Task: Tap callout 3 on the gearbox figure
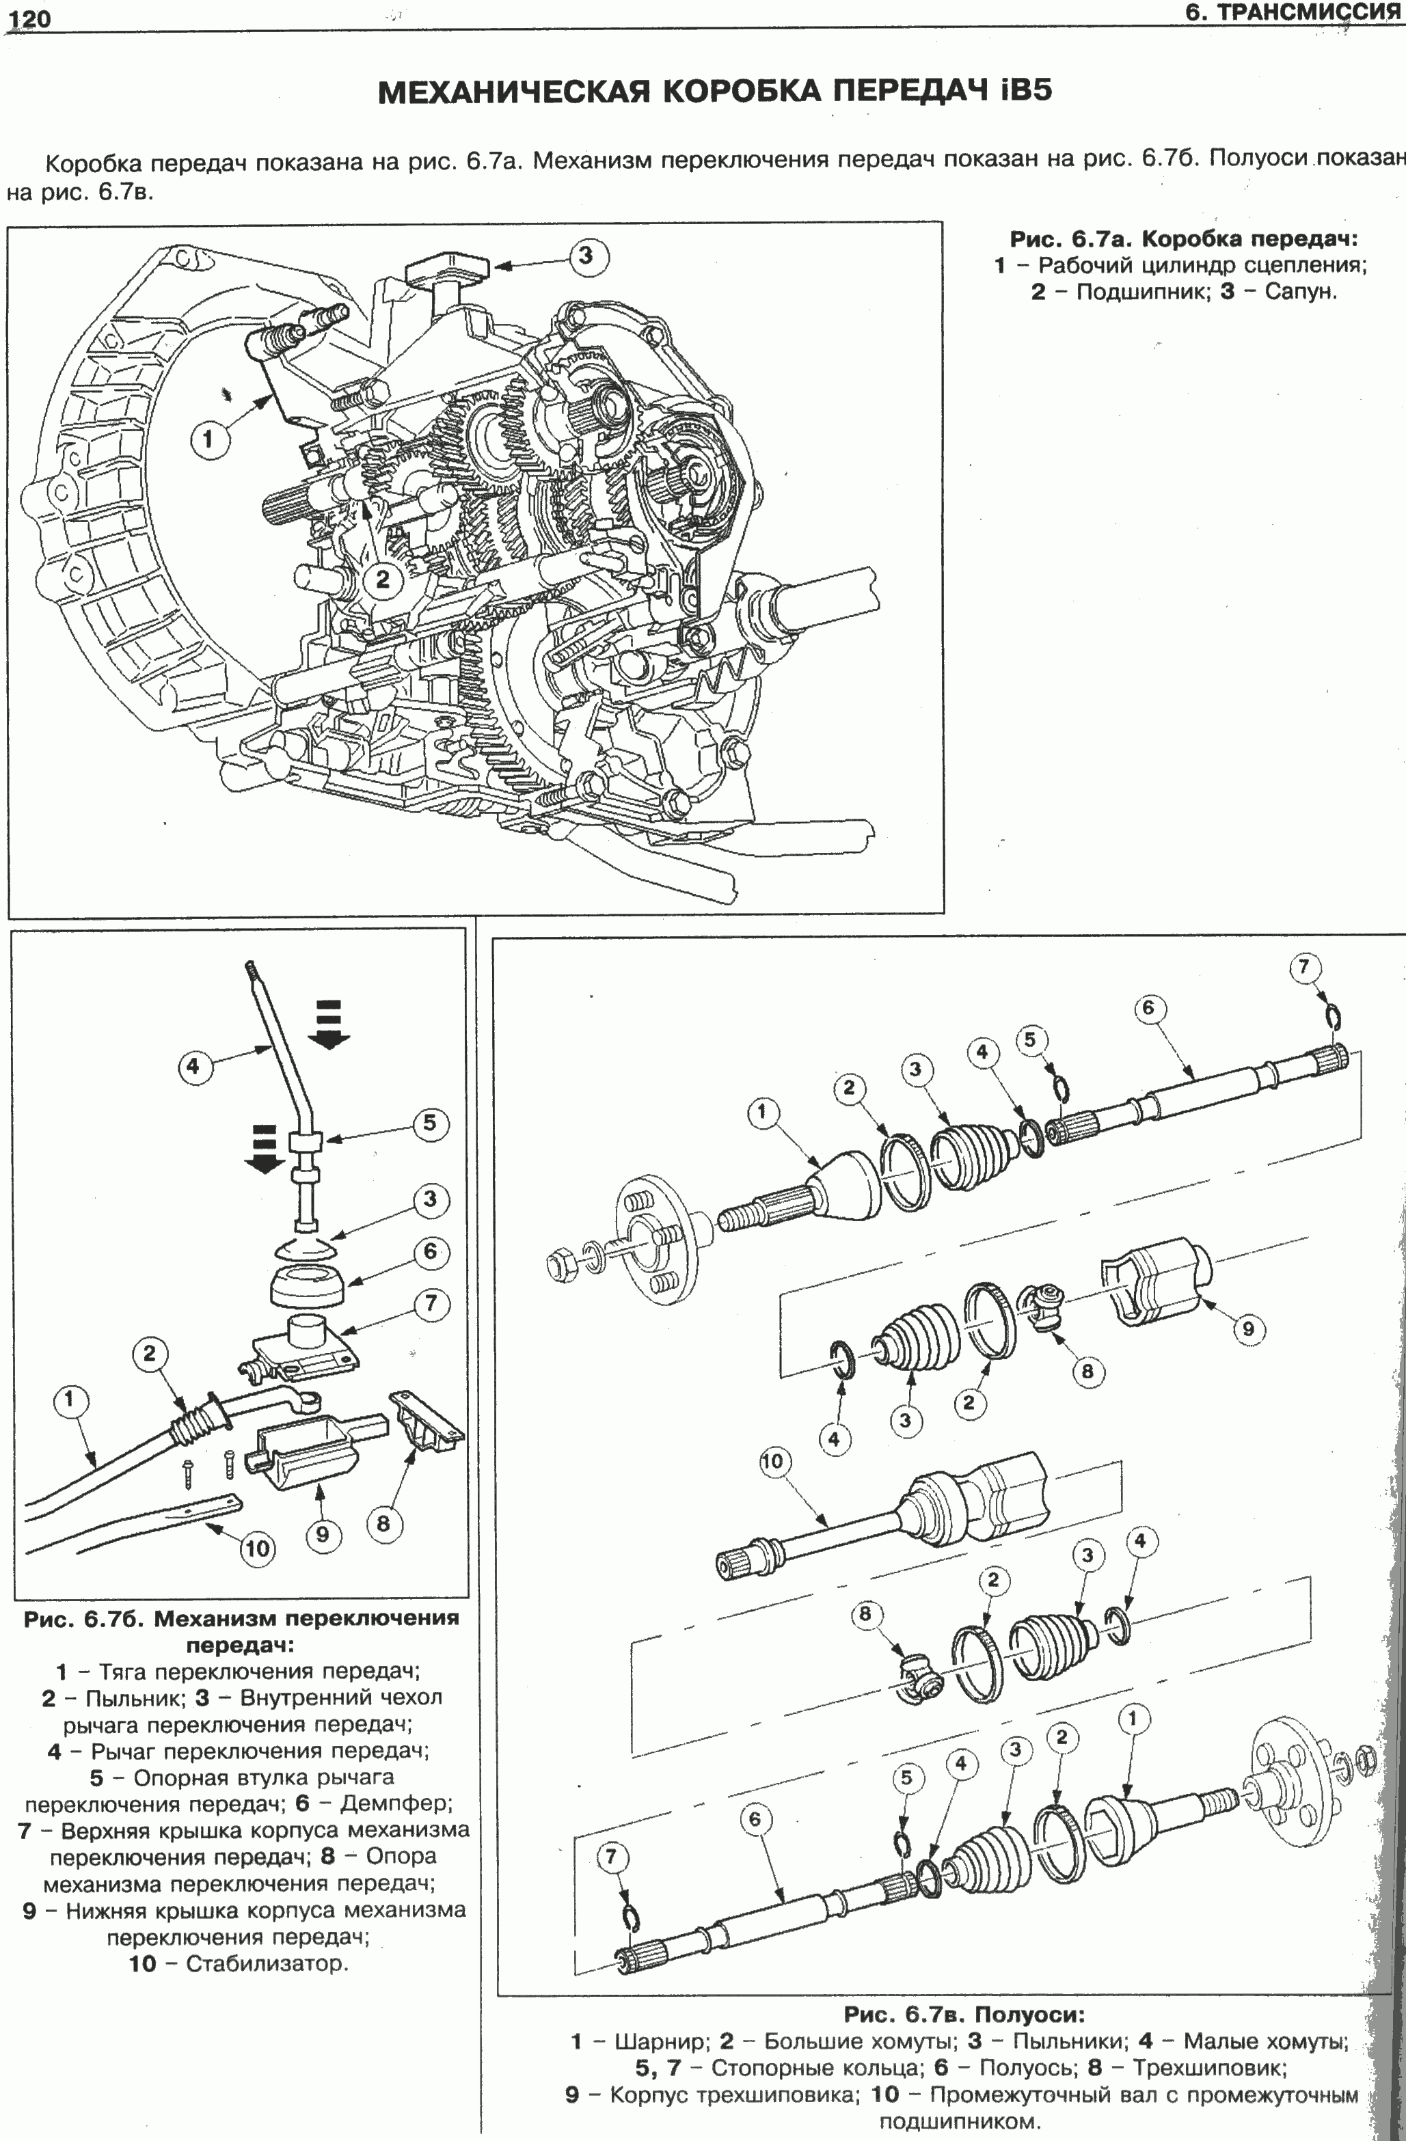[x=586, y=256]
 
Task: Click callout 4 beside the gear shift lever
[x=193, y=1068]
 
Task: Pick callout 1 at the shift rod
[x=70, y=1401]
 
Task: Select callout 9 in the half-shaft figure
[x=1249, y=1330]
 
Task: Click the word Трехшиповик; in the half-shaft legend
[x=1210, y=2067]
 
